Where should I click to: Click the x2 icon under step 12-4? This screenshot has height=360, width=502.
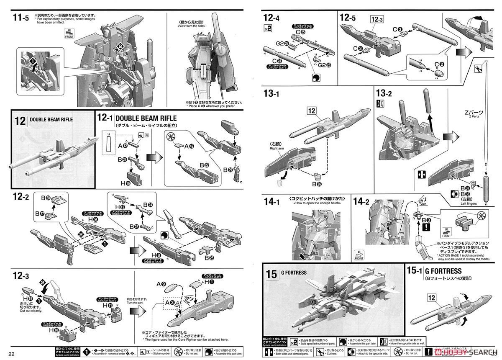point(268,28)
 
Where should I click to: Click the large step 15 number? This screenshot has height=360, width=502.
point(271,274)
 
